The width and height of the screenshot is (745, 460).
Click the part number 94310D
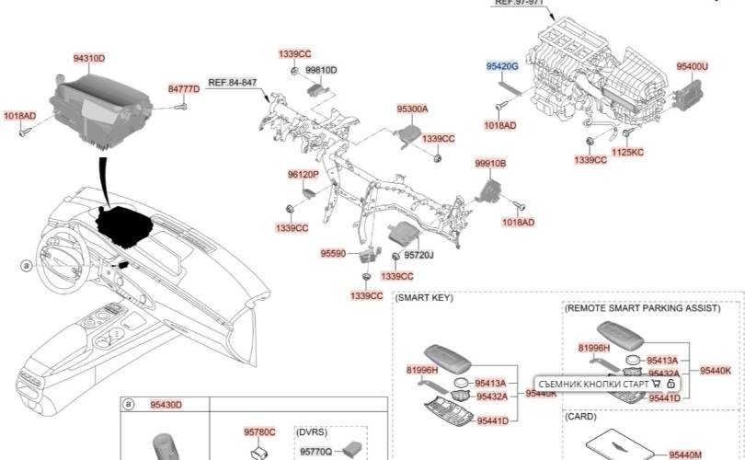(88, 58)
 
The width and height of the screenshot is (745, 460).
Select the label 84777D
(183, 89)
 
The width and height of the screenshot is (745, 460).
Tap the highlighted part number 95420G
(502, 67)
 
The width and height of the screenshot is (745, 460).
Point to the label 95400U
(692, 67)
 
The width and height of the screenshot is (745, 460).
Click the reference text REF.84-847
(232, 83)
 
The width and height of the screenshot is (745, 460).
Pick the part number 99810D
(321, 70)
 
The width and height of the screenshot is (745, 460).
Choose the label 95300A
(412, 109)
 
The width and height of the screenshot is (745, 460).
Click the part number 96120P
(302, 174)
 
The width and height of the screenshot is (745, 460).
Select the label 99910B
(490, 163)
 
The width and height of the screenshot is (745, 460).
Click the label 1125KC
(627, 152)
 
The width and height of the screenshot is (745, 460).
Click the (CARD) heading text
(580, 416)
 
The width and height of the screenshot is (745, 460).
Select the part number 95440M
(685, 454)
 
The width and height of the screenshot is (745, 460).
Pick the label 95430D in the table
(166, 405)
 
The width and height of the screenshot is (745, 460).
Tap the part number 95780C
(259, 431)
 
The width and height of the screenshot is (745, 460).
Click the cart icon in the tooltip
(656, 383)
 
